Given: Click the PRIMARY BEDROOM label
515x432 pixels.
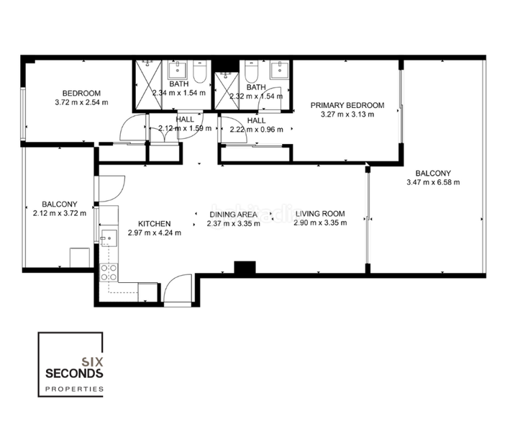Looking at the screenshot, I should point(347,105).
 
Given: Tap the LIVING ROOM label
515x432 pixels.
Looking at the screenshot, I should point(320,214).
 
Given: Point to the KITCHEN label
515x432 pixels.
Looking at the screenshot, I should point(154,223).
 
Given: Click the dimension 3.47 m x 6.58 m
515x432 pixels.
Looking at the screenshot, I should point(432,182).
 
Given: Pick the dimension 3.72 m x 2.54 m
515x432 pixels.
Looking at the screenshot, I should point(81,102).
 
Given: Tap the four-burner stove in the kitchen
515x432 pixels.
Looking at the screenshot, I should point(109,271).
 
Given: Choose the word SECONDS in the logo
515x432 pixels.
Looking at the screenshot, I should point(75,373).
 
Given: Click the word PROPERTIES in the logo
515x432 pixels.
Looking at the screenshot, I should point(75,389).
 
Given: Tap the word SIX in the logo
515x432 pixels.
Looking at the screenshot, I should point(91,360).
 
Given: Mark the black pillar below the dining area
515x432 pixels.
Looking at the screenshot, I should point(245,266).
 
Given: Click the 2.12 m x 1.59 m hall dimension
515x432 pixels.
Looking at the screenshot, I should point(185,128).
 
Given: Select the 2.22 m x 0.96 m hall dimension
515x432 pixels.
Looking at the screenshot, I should point(256,130).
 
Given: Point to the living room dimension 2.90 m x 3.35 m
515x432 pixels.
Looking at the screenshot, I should point(320,223).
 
